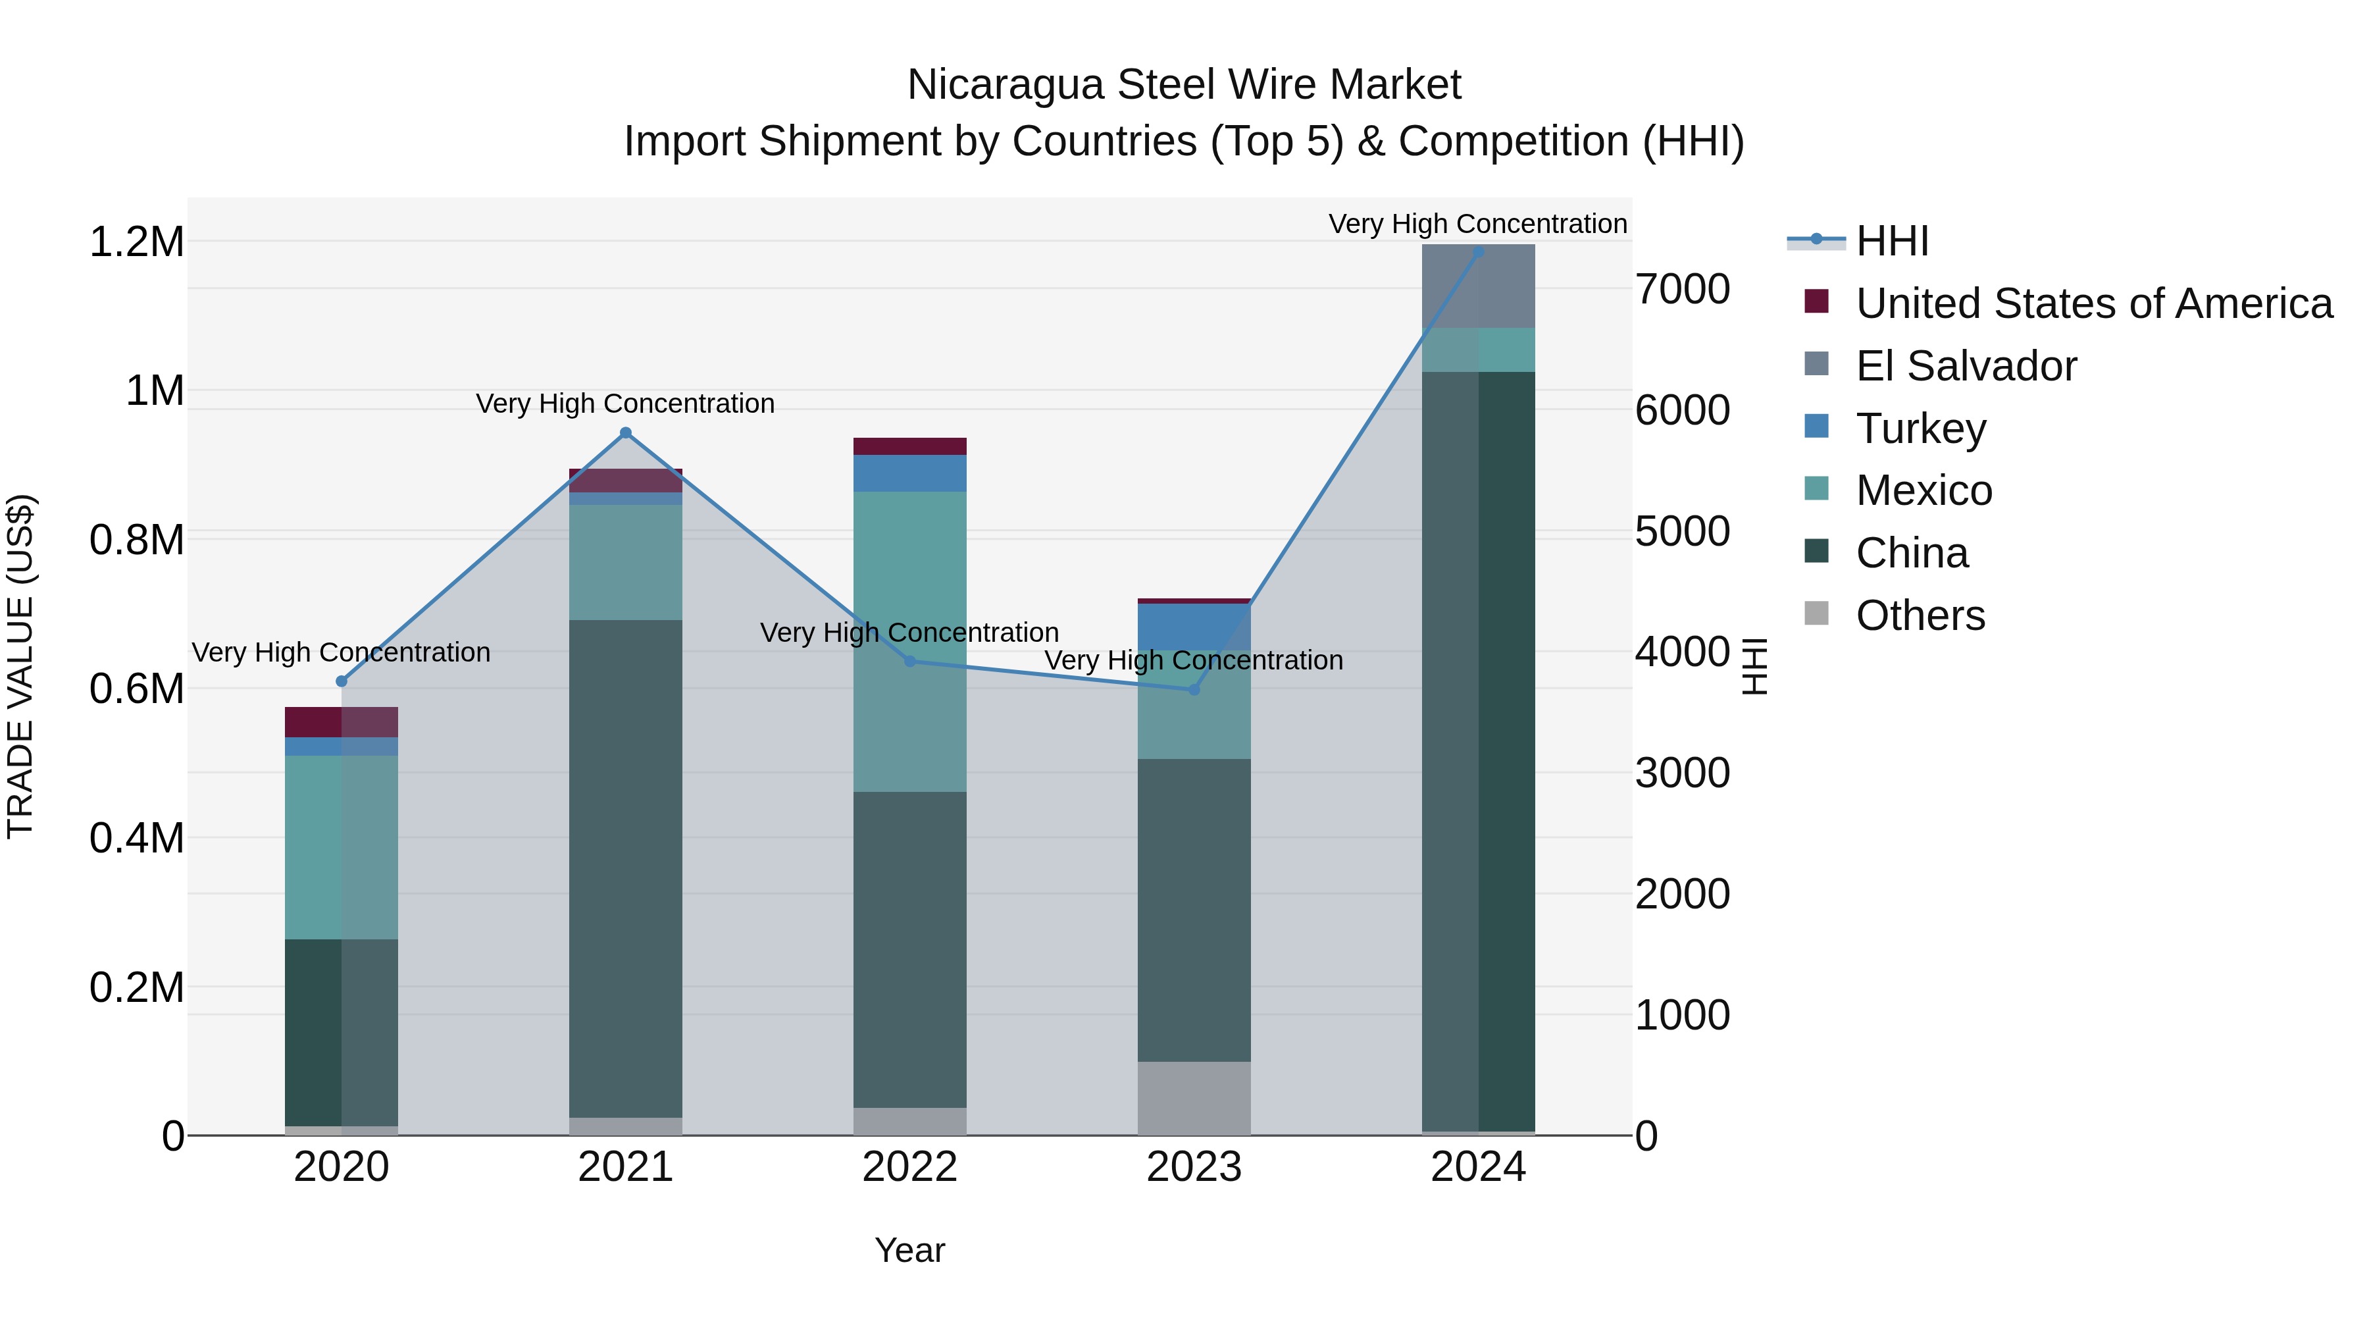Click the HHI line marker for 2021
[625, 432]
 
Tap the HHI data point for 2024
[1478, 251]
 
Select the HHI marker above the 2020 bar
[341, 681]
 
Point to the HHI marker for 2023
[1194, 689]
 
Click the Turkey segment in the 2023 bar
[1194, 627]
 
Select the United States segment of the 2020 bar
[341, 721]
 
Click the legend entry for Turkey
[1920, 429]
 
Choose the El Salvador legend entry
[1965, 366]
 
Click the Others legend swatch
[1816, 614]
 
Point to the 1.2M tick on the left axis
[136, 242]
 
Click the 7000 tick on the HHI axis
[1682, 289]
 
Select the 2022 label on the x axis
[909, 1166]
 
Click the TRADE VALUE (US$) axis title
[21, 666]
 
